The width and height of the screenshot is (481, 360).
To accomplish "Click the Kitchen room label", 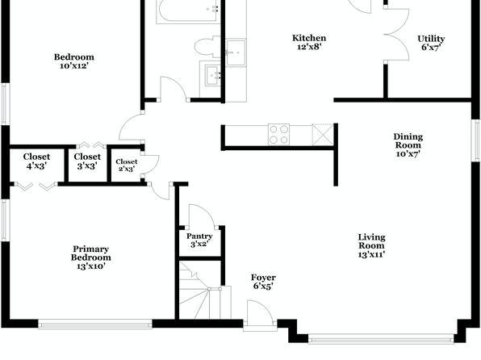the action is [x=309, y=42].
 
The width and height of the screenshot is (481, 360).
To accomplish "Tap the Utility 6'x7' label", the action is [x=431, y=43].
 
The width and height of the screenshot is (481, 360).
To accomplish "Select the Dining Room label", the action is [x=408, y=144].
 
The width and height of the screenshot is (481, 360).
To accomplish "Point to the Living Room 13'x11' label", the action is [x=371, y=245].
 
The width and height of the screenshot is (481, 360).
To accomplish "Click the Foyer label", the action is [x=263, y=282].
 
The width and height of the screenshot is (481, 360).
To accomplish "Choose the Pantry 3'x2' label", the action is [x=199, y=240].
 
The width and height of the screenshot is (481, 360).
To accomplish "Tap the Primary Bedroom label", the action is [x=91, y=257].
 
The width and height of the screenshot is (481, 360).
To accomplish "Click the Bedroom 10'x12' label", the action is [x=74, y=61].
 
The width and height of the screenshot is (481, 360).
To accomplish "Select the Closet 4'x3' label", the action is [x=36, y=161].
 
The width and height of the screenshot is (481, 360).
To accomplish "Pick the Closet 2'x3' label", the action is [x=127, y=165].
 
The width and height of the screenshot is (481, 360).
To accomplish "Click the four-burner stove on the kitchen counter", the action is [x=278, y=135].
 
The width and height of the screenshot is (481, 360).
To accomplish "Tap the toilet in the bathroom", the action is [x=207, y=47].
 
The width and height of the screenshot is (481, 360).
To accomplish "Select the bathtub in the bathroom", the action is [x=188, y=11].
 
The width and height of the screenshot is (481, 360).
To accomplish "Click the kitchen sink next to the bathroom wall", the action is [x=236, y=52].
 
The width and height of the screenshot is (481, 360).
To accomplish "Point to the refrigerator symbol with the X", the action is [x=323, y=135].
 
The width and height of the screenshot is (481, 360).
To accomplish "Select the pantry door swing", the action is [x=202, y=216].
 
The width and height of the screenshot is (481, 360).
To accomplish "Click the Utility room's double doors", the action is [x=396, y=34].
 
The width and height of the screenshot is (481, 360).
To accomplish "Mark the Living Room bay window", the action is [x=381, y=340].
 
